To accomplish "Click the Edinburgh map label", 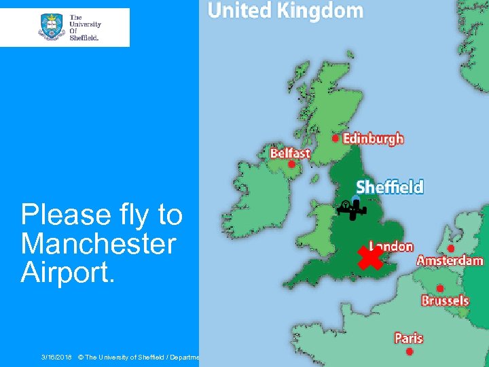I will tap(373, 139).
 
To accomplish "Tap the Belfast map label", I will tap(290, 153).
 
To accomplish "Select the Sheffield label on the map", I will tap(390, 187).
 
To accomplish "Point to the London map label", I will tap(391, 246).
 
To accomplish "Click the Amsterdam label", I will tap(450, 260).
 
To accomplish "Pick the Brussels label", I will tap(445, 300).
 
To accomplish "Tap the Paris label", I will tap(409, 338).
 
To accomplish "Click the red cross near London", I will tap(370, 258).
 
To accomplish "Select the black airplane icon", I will tap(351, 210).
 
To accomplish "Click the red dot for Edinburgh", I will tap(335, 137).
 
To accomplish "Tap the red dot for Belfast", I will tap(291, 164).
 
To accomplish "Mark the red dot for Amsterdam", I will tap(451, 249).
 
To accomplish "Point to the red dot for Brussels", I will tap(440, 288).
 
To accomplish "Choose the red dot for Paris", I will tap(409, 351).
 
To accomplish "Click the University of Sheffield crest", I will tap(52, 27).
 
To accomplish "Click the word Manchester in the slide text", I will tap(98, 243).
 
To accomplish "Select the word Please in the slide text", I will tap(65, 215).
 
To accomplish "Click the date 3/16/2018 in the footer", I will tap(56, 356).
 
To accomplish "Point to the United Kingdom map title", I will tap(285, 11).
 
